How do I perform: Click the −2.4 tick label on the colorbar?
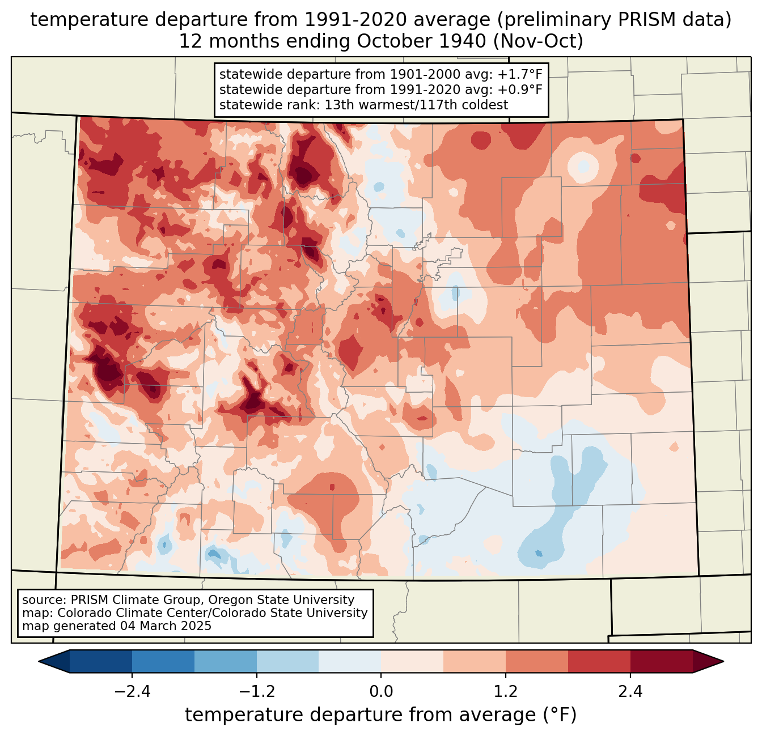pos(132,692)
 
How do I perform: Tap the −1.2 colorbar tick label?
pos(257,692)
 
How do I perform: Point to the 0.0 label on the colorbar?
pos(381,692)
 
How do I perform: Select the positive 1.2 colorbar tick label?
pos(506,692)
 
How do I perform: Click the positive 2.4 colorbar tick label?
pos(630,692)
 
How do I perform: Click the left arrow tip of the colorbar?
pos(39,662)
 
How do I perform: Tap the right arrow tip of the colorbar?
pos(723,662)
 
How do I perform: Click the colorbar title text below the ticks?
pos(380,715)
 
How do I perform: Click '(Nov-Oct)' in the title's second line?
pos(538,41)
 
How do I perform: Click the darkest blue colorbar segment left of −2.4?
pos(100,662)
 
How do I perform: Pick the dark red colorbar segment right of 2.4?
pos(662,662)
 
